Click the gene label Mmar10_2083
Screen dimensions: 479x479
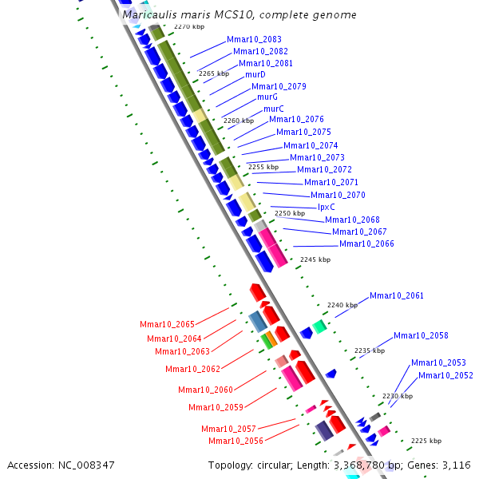[254, 39]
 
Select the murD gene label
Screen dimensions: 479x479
[255, 74]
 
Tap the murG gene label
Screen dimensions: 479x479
[267, 97]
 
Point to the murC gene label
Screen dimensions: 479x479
[274, 109]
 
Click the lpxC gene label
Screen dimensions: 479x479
[327, 207]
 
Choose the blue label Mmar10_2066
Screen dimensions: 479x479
[366, 243]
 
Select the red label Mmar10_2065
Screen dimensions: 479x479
[167, 324]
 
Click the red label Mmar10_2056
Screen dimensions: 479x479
[236, 441]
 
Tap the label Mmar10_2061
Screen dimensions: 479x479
[397, 295]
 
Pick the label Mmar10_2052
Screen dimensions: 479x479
[445, 375]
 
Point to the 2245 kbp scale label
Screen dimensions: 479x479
[315, 259]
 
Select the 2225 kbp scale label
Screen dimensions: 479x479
[426, 440]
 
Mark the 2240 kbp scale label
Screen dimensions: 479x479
[342, 305]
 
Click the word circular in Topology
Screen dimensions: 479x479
[277, 465]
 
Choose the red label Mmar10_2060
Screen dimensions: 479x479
[205, 390]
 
